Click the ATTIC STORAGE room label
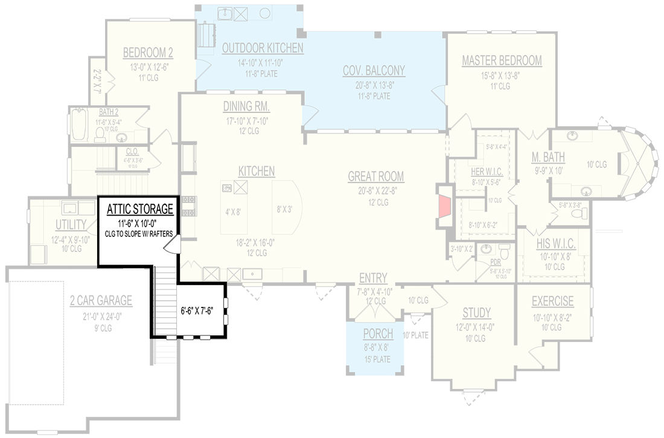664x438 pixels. [140, 210]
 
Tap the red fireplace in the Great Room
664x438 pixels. [445, 205]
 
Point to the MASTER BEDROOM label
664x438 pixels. [502, 60]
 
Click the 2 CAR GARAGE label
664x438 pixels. [101, 301]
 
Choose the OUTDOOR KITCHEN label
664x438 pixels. [262, 48]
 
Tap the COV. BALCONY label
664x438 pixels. [374, 71]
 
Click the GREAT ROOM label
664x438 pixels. [375, 176]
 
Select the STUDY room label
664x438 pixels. [476, 313]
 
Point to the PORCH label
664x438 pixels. [378, 334]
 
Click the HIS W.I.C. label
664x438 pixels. [555, 244]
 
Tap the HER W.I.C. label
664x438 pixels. [487, 172]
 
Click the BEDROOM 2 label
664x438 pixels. [148, 53]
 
